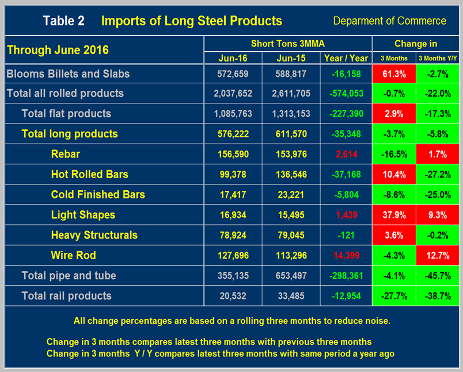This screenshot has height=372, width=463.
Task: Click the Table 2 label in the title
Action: click(63, 21)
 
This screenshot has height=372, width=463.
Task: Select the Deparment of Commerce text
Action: click(389, 21)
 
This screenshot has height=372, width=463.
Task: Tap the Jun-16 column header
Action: click(233, 58)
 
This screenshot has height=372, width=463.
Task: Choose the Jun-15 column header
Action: click(290, 58)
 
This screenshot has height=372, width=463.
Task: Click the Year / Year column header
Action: click(345, 58)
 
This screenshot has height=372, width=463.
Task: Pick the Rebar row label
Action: click(66, 154)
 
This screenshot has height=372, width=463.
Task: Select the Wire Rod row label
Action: click(73, 255)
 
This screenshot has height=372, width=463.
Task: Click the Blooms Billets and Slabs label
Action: click(68, 74)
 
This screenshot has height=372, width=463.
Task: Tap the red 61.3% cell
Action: click(394, 74)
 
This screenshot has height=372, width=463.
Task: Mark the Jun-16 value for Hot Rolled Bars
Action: click(233, 174)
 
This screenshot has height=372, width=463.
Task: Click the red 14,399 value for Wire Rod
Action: click(345, 255)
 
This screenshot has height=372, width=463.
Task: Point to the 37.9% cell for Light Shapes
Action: click(394, 214)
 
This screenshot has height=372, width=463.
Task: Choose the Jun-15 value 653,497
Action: click(290, 275)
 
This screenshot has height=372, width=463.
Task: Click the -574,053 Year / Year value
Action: click(345, 94)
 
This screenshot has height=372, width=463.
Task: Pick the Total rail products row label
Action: click(66, 296)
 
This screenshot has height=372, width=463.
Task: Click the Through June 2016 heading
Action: click(57, 49)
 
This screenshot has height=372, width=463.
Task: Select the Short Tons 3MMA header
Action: click(287, 44)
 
